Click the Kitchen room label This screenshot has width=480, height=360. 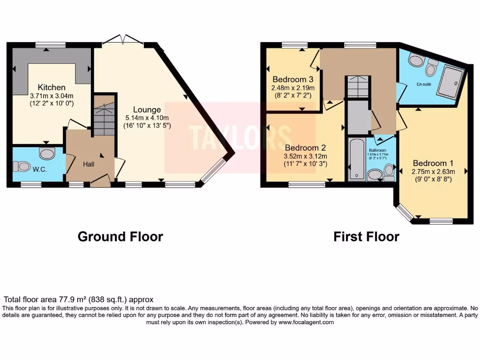tap(52, 87)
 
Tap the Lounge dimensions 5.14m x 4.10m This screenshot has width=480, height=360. tap(150, 118)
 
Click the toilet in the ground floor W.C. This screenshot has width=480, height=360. tap(22, 166)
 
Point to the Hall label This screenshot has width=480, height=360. tap(89, 165)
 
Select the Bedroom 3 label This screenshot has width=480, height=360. tap(293, 79)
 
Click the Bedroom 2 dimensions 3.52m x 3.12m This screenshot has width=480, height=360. tap(306, 156)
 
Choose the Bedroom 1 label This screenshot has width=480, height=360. tap(433, 163)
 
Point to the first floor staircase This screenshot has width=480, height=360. tap(358, 87)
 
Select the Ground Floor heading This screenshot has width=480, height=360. tap(120, 237)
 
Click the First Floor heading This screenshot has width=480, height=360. tap(366, 237)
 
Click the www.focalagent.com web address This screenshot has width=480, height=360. tap(306, 322)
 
